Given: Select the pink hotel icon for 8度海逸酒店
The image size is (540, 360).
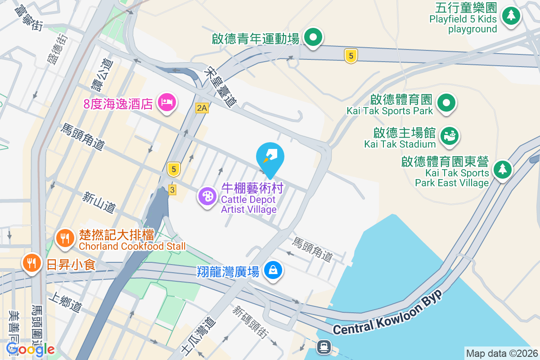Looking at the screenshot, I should [x=167, y=103].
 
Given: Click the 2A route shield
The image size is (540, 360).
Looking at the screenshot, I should [x=202, y=108].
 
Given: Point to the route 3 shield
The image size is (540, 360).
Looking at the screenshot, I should [x=172, y=190].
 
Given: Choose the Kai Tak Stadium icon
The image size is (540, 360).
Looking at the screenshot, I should [x=449, y=135].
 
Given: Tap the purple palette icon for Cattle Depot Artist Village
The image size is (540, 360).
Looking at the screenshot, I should [x=207, y=196].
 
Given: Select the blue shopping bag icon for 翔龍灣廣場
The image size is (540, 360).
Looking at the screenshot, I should [x=273, y=270].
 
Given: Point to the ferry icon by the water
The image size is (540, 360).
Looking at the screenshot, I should [x=324, y=346].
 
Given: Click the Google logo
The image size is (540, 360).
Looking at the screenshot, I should [x=31, y=349].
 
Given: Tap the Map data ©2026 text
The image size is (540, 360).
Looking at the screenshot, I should [x=501, y=353].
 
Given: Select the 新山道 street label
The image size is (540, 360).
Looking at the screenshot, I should [x=99, y=202].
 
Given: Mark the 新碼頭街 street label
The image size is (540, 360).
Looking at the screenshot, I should [x=250, y=321].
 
